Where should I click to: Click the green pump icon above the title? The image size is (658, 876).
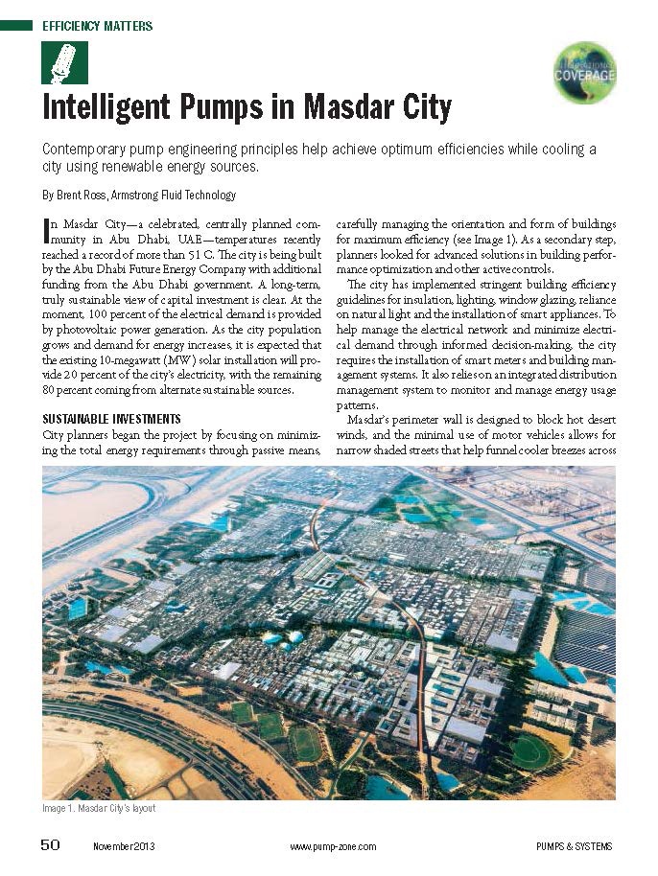(x=64, y=62)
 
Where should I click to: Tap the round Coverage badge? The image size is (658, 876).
(x=585, y=72)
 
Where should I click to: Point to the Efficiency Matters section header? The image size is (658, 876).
(x=97, y=26)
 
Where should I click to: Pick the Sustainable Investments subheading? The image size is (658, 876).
(x=111, y=420)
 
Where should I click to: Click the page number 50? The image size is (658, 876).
(x=50, y=844)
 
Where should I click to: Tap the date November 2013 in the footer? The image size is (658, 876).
(x=124, y=846)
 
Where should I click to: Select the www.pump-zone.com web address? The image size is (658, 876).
(x=333, y=846)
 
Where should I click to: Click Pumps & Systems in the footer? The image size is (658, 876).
(x=574, y=846)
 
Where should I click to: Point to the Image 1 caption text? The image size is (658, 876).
(x=99, y=809)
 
